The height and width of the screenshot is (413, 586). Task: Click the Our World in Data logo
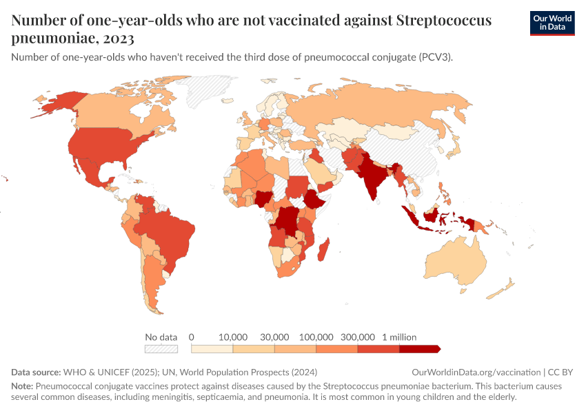(x=552, y=23)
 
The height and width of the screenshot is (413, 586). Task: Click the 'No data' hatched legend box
(x=161, y=349)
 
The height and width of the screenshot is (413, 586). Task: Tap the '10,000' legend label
(x=233, y=337)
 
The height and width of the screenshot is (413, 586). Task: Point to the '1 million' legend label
(x=399, y=337)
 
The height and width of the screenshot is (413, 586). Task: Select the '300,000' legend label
(x=358, y=337)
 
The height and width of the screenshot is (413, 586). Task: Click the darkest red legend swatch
(x=418, y=349)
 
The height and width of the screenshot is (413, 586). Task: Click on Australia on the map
(x=452, y=265)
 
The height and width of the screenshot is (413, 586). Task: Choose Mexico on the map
(x=90, y=169)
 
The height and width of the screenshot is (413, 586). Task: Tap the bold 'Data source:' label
(x=36, y=372)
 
